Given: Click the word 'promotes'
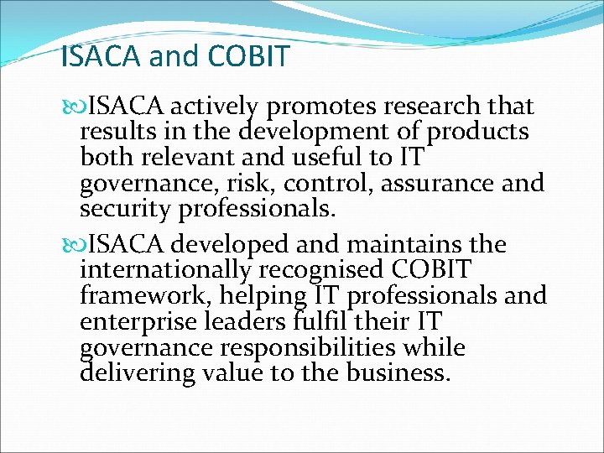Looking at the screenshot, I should [323, 107].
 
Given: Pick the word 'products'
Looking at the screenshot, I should [477, 133].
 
